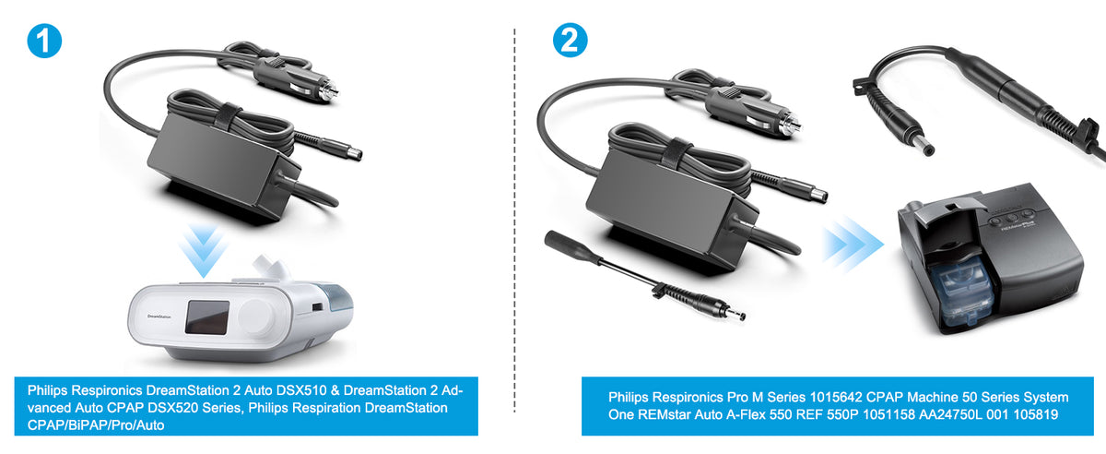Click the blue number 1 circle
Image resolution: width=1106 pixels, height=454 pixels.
44,41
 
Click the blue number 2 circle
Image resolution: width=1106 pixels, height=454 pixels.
570,40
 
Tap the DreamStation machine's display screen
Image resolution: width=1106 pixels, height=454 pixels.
206,317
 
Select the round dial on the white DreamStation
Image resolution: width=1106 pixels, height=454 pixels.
255,317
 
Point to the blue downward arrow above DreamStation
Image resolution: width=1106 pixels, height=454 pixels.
204,250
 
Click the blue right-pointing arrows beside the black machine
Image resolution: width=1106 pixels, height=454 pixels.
853,245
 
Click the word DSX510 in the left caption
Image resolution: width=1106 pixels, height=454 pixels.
301,390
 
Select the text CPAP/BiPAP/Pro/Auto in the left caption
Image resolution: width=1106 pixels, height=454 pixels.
96,425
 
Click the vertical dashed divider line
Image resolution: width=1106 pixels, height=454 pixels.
514,220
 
